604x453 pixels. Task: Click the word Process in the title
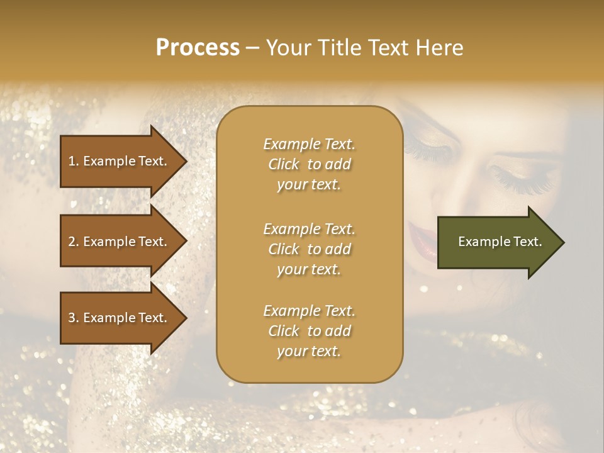click(x=198, y=48)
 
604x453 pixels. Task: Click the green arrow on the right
click(x=497, y=242)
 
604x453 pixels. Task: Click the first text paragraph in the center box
click(x=309, y=164)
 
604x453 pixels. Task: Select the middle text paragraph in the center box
click(x=309, y=249)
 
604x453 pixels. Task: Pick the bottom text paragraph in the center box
click(x=309, y=331)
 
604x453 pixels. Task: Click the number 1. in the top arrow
click(x=74, y=161)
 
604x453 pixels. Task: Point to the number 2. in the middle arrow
click(x=74, y=242)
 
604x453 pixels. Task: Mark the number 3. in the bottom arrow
click(x=74, y=318)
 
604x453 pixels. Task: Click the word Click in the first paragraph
click(x=284, y=164)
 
